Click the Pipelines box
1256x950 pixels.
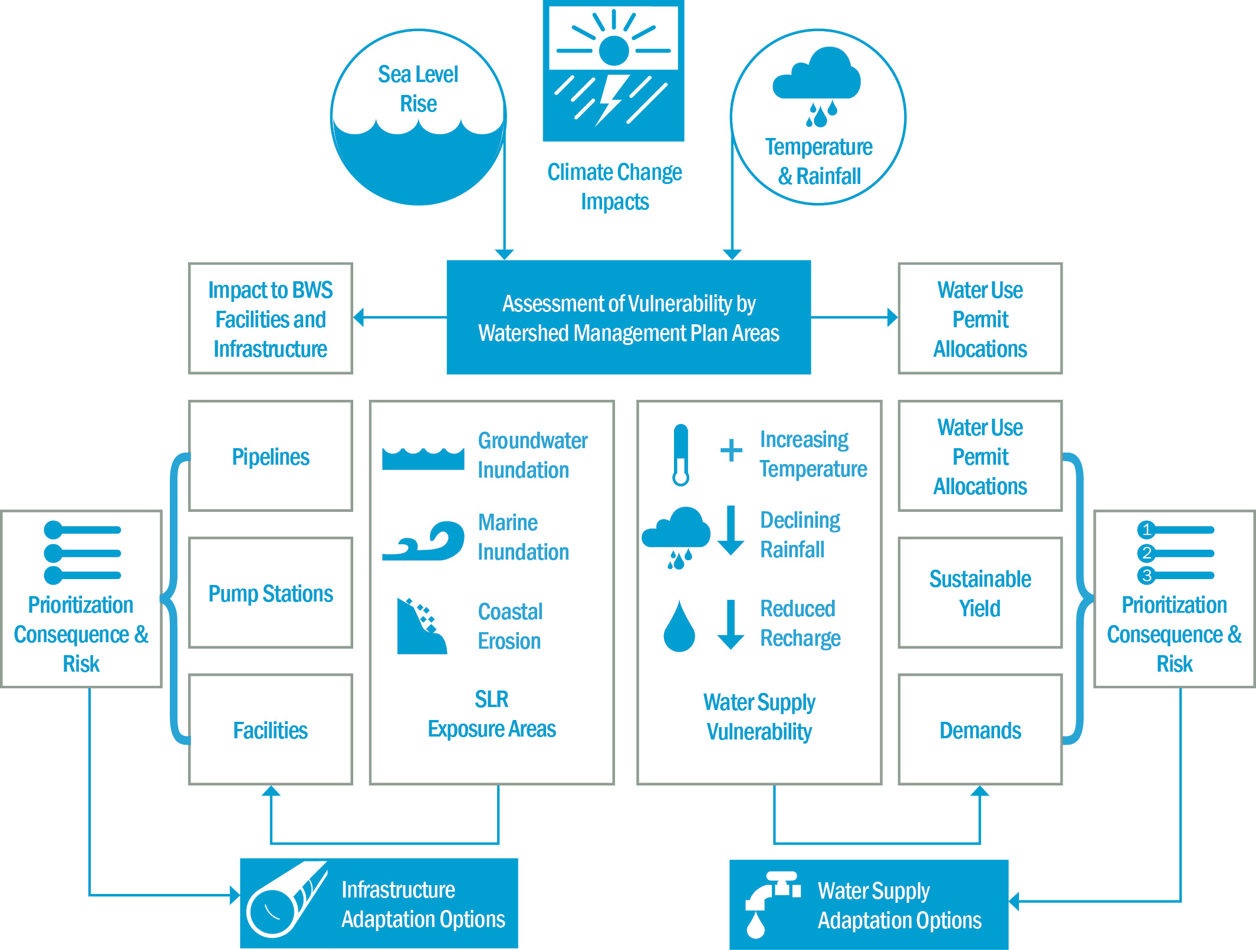click(270, 456)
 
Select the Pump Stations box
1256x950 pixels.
click(270, 593)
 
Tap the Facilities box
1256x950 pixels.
click(270, 729)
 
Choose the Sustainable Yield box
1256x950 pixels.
click(979, 593)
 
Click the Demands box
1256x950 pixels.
click(979, 729)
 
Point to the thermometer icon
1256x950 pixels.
click(680, 455)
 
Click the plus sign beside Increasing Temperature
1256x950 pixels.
click(731, 451)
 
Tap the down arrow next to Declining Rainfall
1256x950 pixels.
click(731, 530)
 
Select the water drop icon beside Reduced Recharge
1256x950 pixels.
click(679, 627)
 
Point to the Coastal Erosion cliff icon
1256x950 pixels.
click(420, 627)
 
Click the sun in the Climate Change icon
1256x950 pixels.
click(614, 51)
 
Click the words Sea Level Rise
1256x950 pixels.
click(418, 88)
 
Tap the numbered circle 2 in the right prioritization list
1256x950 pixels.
click(1146, 553)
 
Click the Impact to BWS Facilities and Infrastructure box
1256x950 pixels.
click(270, 318)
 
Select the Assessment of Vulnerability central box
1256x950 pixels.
click(629, 318)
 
